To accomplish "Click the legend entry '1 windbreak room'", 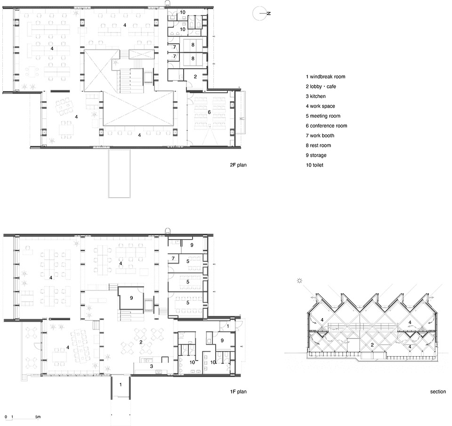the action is tap(325, 77).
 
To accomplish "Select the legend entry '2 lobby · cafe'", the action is tap(321, 87).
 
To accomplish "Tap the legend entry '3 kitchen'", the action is tap(315, 96).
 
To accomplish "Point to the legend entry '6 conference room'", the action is tap(326, 126).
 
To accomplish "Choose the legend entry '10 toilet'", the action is tap(315, 165).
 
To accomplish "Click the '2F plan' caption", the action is tap(238, 165).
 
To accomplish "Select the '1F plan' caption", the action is tap(238, 392).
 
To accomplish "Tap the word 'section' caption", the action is tap(438, 392).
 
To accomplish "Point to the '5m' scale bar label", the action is tap(38, 417).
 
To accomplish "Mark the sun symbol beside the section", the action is tap(300, 281).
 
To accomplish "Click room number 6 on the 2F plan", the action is tap(209, 112).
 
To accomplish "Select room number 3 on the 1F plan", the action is tap(152, 366).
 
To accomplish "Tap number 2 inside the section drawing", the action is tap(372, 345).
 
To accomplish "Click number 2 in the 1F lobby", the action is tap(141, 342).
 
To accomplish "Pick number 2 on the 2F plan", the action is tap(195, 77).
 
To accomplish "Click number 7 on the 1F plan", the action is tap(173, 258).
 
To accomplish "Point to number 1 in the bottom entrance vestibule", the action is tap(121, 385).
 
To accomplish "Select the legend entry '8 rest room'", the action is tap(318, 145).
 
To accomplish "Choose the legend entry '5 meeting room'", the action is tap(323, 116).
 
